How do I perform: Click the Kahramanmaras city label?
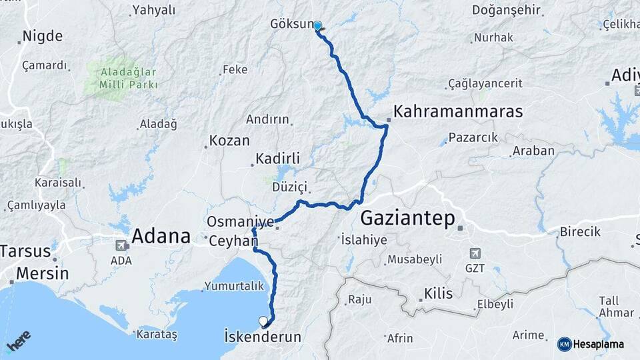pyautogui.click(x=459, y=111)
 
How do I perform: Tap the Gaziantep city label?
pyautogui.click(x=407, y=219)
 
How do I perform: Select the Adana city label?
pyautogui.click(x=161, y=235)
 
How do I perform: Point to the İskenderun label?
pyautogui.click(x=263, y=337)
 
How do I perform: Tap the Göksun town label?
pyautogui.click(x=291, y=24)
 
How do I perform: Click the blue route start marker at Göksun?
pyautogui.click(x=318, y=27)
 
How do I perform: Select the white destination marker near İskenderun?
pyautogui.click(x=264, y=321)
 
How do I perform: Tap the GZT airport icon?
pyautogui.click(x=474, y=253)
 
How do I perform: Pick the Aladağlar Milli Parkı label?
pyautogui.click(x=129, y=78)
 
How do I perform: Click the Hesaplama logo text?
pyautogui.click(x=598, y=344)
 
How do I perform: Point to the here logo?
pyautogui.click(x=19, y=342)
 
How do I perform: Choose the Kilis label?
pyautogui.click(x=438, y=293)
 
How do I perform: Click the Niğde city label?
pyautogui.click(x=43, y=36)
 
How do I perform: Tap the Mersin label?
pyautogui.click(x=42, y=273)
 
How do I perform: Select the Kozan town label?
pyautogui.click(x=229, y=141)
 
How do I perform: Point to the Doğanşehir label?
pyautogui.click(x=506, y=10)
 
